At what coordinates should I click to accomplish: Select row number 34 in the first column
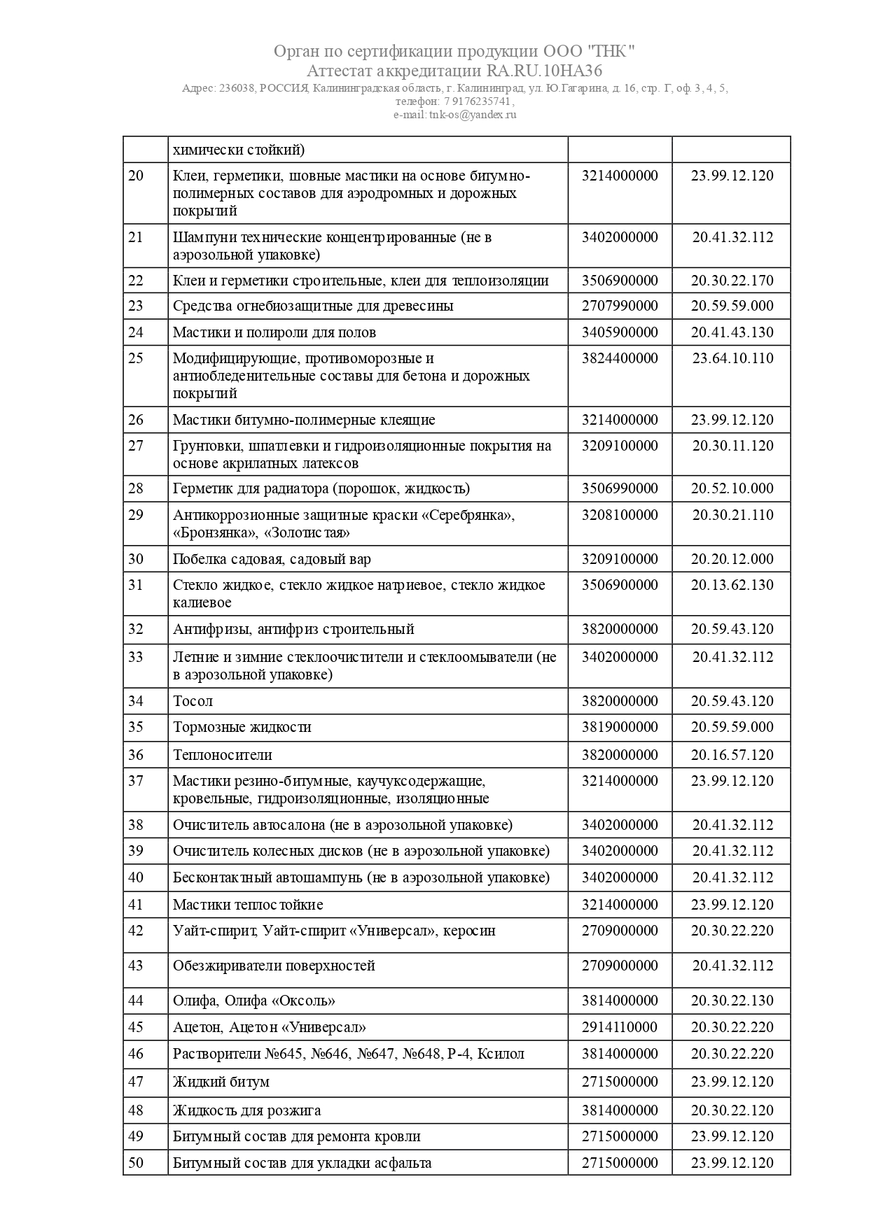pyautogui.click(x=136, y=700)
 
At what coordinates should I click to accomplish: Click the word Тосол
pyautogui.click(x=193, y=700)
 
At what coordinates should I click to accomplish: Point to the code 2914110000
pyautogui.click(x=620, y=1027)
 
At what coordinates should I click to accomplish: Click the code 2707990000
pyautogui.click(x=620, y=306)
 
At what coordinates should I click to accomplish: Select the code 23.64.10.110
pyautogui.click(x=732, y=358)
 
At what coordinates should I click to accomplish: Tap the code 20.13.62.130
pyautogui.click(x=732, y=585)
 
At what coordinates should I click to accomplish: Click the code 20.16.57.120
pyautogui.click(x=732, y=755)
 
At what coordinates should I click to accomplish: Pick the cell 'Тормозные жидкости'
pyautogui.click(x=242, y=727)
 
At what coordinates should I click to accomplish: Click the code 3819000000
pyautogui.click(x=620, y=727)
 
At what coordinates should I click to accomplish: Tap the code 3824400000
pyautogui.click(x=620, y=358)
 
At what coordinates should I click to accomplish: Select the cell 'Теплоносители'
pyautogui.click(x=223, y=755)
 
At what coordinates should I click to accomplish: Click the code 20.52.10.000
pyautogui.click(x=732, y=488)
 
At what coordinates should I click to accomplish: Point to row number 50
pyautogui.click(x=136, y=1163)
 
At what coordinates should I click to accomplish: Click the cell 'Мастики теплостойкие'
pyautogui.click(x=248, y=905)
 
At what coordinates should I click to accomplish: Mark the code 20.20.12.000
pyautogui.click(x=732, y=559)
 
